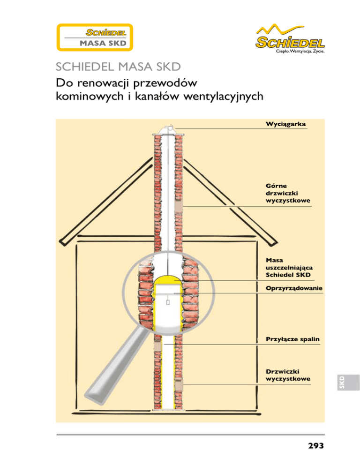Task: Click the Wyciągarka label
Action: point(285,124)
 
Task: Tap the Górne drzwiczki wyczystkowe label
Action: point(287,193)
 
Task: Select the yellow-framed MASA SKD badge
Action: point(96,38)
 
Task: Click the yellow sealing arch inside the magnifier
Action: point(167,282)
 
